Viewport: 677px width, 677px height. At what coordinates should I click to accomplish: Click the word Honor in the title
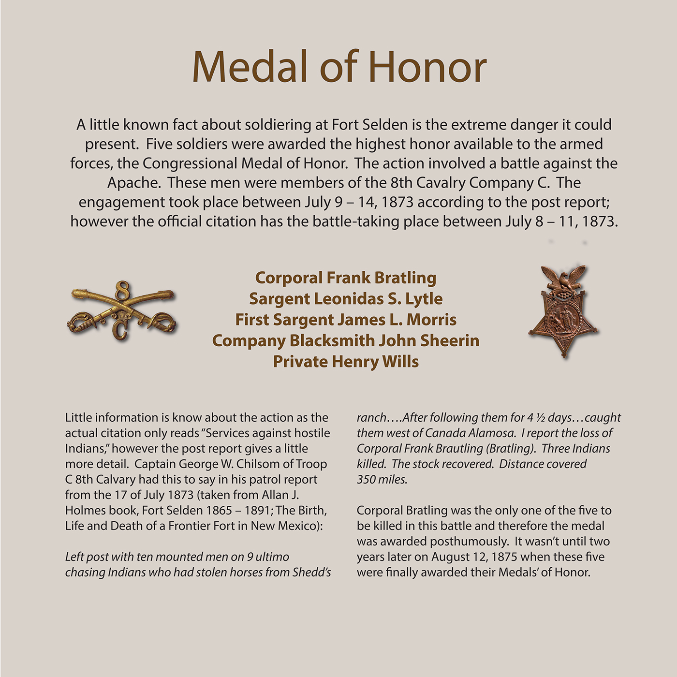(427, 66)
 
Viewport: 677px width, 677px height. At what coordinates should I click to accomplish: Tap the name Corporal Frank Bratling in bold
(345, 278)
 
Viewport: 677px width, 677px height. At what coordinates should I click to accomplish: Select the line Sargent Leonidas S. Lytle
(345, 299)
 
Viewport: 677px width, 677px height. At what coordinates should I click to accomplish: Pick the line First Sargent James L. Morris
(345, 320)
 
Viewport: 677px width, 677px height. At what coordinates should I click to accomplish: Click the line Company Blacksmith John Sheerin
(345, 340)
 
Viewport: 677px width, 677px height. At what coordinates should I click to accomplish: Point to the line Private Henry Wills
(345, 362)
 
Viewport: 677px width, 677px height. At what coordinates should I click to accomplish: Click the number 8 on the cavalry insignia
(122, 291)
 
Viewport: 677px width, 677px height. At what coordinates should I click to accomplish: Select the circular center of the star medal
(563, 318)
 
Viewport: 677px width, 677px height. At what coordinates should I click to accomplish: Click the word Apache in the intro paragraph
(134, 183)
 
